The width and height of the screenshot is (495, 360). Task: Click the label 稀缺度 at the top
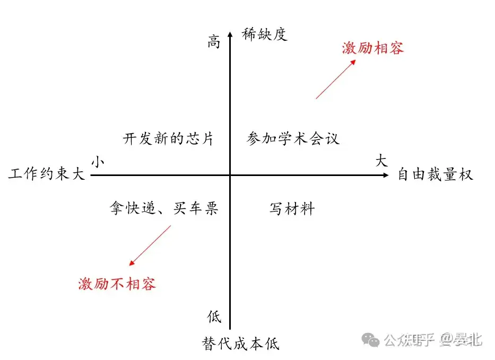[x=264, y=35]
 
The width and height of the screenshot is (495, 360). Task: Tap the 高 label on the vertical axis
[x=213, y=42]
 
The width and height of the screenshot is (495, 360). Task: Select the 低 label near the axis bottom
[x=214, y=317]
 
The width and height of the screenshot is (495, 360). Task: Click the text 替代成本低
[x=240, y=344]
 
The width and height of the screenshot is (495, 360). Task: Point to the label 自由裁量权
[x=435, y=174]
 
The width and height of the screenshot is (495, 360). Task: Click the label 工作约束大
[x=47, y=174]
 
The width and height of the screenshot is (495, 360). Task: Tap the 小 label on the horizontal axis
[x=97, y=162]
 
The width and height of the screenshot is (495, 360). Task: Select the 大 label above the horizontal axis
[x=381, y=161]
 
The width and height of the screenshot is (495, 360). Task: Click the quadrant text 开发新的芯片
[x=168, y=139]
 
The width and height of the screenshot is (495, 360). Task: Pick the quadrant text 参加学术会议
[x=293, y=139]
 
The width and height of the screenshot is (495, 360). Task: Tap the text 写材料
[x=292, y=209]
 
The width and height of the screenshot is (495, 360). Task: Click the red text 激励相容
[x=373, y=48]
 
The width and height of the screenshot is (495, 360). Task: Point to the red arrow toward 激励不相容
[x=150, y=245]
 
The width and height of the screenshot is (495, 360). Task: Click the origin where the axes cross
[x=230, y=174]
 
